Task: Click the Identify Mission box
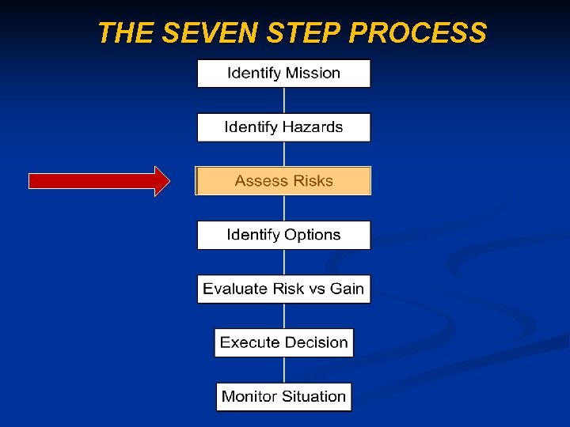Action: pyautogui.click(x=283, y=74)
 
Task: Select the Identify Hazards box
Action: pyautogui.click(x=283, y=127)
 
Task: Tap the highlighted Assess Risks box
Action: pyautogui.click(x=283, y=181)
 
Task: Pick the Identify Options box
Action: pyautogui.click(x=283, y=235)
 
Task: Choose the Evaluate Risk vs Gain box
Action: pyautogui.click(x=283, y=289)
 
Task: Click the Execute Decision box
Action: pyautogui.click(x=283, y=342)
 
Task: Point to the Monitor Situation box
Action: pyautogui.click(x=283, y=396)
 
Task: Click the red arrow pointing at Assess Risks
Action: pyautogui.click(x=99, y=181)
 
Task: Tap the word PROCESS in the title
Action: pyautogui.click(x=417, y=33)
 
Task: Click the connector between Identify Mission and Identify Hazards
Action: pyautogui.click(x=284, y=100)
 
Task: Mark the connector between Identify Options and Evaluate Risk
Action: pyautogui.click(x=284, y=262)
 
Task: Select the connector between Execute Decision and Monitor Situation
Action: pyautogui.click(x=284, y=369)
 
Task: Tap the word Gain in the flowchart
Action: pyautogui.click(x=347, y=289)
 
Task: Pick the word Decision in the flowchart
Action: pyautogui.click(x=317, y=342)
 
